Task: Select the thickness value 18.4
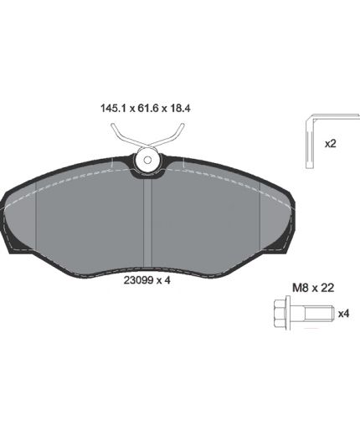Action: click(x=180, y=108)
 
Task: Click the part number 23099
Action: click(x=138, y=280)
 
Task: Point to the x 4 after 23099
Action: click(x=163, y=280)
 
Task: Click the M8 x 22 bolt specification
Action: click(x=313, y=288)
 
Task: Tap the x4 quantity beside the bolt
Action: click(x=343, y=314)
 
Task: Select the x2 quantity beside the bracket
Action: click(x=331, y=144)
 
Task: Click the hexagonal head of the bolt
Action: click(x=280, y=314)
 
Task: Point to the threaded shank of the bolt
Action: click(x=319, y=314)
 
